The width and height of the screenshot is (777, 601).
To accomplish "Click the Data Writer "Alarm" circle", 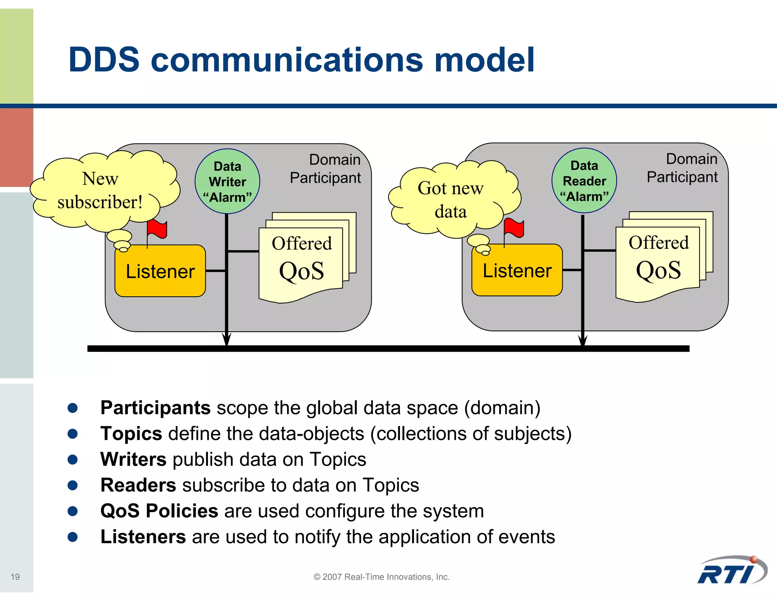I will click(x=227, y=181).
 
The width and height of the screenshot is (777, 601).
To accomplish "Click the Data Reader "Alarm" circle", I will click(x=584, y=180).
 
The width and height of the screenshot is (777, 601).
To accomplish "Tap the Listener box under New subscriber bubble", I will click(x=160, y=271).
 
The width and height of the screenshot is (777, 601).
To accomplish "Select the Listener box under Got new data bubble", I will click(x=517, y=270).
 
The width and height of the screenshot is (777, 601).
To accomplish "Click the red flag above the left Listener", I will click(x=157, y=229).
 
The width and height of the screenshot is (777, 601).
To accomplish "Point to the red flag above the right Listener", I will click(x=514, y=228).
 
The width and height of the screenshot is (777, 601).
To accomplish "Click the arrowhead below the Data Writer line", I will click(x=226, y=339).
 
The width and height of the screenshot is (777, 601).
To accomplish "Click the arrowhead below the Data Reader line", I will click(x=583, y=339).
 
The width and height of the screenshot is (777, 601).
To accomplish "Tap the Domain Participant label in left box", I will click(x=326, y=169).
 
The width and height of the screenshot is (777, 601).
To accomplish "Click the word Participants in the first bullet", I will click(x=155, y=408).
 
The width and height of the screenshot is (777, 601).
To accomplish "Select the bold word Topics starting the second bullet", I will click(x=131, y=433).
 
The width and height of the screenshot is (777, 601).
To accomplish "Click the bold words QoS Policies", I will click(x=159, y=511).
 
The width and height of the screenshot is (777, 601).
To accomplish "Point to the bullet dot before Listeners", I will click(x=72, y=537).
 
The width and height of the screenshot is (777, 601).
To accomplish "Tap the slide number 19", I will click(x=15, y=577).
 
